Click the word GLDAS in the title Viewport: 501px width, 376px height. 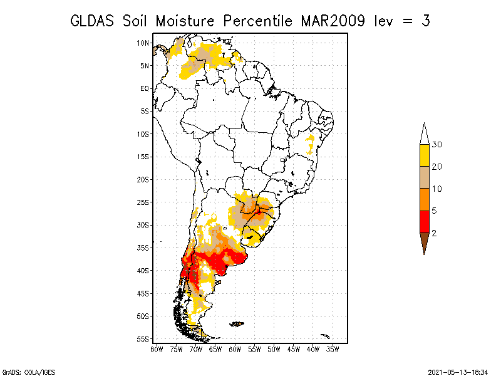click(x=92, y=21)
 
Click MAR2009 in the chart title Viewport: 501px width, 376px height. click(x=333, y=21)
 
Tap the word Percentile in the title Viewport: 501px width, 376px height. click(x=257, y=21)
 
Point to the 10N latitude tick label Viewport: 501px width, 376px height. click(x=143, y=43)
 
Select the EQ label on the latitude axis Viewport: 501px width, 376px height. click(x=145, y=88)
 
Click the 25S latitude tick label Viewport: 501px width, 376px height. click(x=143, y=202)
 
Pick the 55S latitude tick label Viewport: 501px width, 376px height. click(x=143, y=339)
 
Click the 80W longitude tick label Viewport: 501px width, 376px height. click(x=157, y=350)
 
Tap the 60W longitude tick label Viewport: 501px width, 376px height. click(x=235, y=350)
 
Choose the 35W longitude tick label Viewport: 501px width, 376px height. click(x=333, y=350)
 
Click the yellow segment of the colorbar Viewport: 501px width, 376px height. click(x=425, y=155)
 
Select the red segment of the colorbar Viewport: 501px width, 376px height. click(x=425, y=222)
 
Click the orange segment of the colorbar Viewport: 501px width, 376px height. click(x=425, y=199)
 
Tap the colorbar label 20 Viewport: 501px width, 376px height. click(x=436, y=167)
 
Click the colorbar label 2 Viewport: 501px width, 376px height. click(x=434, y=233)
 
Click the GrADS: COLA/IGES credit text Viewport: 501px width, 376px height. click(x=28, y=372)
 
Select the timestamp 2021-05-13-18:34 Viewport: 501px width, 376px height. click(x=458, y=372)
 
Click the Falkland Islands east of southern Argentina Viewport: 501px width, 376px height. click(x=237, y=324)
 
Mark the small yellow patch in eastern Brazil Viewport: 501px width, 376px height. click(x=310, y=144)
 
